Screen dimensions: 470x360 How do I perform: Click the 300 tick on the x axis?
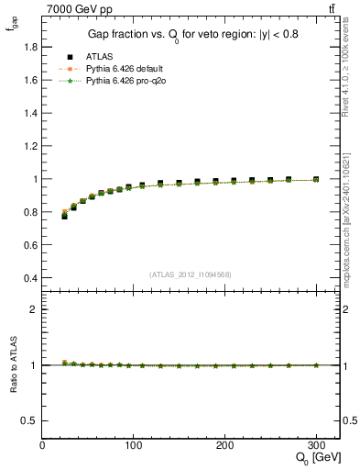point(317,445)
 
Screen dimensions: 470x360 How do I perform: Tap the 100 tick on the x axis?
point(134,445)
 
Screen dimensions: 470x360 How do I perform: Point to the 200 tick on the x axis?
point(225,445)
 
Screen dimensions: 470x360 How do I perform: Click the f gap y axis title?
point(12,28)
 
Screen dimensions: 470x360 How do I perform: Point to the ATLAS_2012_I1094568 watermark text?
point(191,274)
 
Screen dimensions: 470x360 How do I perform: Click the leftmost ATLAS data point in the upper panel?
point(64,216)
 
